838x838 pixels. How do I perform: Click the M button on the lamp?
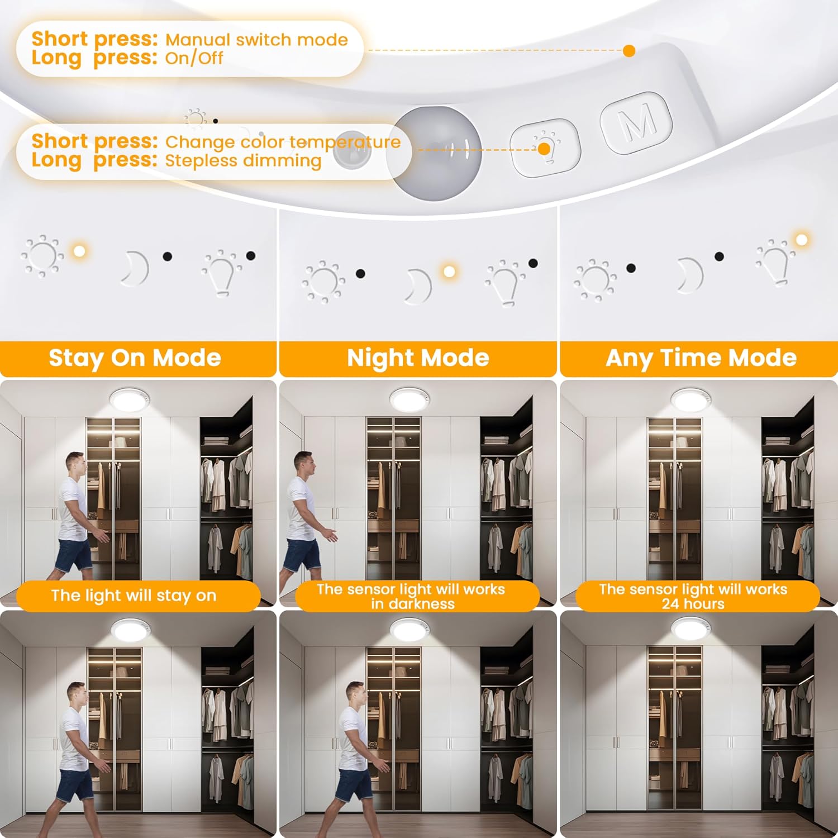pos(637,123)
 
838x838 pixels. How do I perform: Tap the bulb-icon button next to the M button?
pos(545,147)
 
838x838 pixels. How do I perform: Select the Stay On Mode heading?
pos(135,358)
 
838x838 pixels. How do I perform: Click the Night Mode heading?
pos(418,358)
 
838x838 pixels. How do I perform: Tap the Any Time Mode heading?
pos(701,358)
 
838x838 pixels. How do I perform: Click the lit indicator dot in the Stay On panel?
pos(79,251)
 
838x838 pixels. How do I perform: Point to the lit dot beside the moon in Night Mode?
pos(449,272)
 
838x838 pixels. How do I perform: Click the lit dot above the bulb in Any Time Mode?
pos(802,240)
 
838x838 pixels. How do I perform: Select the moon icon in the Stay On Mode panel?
pos(135,269)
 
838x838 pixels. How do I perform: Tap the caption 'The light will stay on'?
pos(134,596)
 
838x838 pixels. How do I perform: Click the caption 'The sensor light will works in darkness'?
pos(411,596)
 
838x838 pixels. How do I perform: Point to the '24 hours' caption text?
pos(693,604)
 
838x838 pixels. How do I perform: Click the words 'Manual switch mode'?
pos(256,40)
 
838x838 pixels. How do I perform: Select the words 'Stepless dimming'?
pos(243,161)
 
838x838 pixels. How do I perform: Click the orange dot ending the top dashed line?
pos(629,51)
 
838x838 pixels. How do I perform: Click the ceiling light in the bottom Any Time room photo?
pos(692,629)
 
